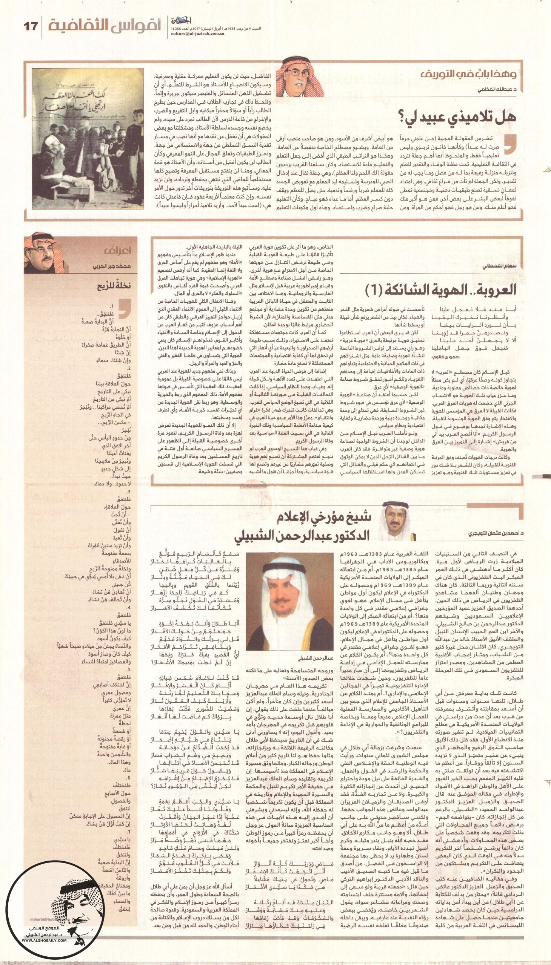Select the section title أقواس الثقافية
click(x=105, y=25)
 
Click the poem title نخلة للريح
click(x=114, y=285)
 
